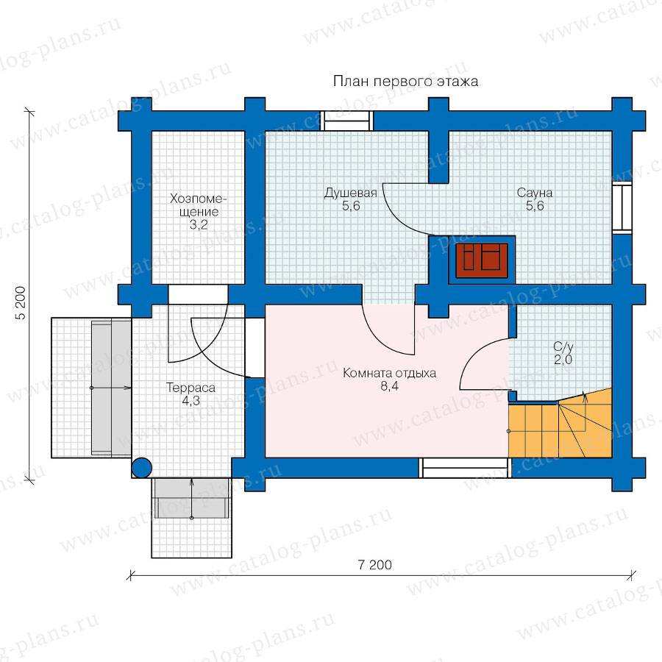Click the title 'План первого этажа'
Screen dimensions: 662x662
point(405,81)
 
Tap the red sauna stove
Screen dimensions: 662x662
point(482,260)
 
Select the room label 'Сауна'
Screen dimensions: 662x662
point(535,193)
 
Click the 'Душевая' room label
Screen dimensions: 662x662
point(350,193)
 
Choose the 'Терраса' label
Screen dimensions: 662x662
point(191,388)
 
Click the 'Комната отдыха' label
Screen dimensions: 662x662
point(389,373)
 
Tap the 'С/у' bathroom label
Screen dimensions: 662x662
point(563,347)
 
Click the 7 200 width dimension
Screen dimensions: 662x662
point(374,564)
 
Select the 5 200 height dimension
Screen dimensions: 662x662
point(21,303)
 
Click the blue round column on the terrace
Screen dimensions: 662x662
point(141,468)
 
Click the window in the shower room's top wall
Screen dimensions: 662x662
point(346,121)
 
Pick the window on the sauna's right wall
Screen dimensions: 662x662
point(622,207)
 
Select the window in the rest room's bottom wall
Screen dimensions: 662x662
point(465,468)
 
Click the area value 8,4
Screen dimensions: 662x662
point(389,386)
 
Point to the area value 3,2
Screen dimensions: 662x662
point(198,224)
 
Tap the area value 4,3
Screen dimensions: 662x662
point(191,401)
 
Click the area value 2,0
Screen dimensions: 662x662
point(563,360)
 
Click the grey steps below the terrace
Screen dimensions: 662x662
point(192,498)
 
